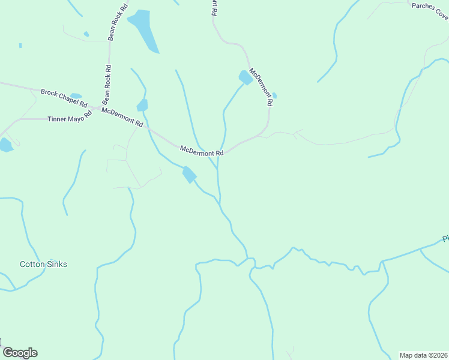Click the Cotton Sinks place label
(43, 264)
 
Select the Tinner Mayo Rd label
(69, 119)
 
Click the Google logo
(20, 353)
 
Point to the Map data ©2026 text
(424, 355)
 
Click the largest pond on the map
(145, 30)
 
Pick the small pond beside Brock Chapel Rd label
(76, 96)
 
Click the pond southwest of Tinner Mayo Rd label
(5, 145)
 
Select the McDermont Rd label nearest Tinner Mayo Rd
(122, 117)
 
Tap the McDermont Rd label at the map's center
(202, 150)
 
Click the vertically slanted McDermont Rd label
(261, 87)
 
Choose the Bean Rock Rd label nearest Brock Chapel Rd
(107, 83)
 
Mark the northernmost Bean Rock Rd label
(118, 22)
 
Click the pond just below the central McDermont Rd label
(190, 175)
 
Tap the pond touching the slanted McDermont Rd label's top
(245, 77)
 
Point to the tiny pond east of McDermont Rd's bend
(274, 95)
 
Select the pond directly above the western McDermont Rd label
(142, 106)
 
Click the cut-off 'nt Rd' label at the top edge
(214, 7)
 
